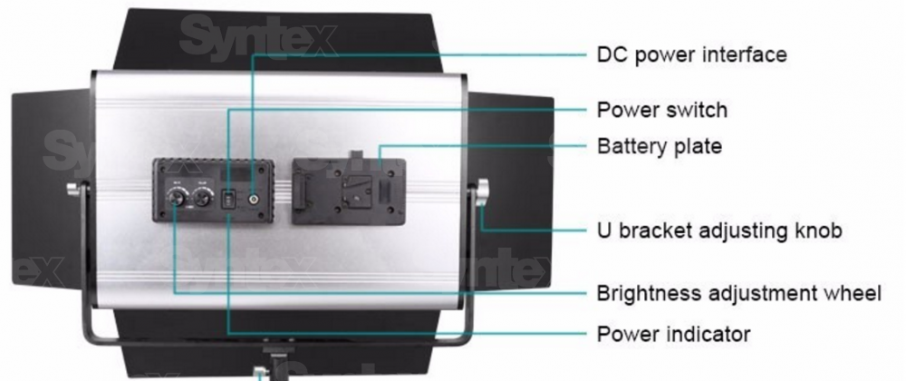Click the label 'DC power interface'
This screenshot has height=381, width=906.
coord(691,54)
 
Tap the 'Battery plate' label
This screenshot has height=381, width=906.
coord(659,146)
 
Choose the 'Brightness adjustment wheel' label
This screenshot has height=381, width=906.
coord(738,294)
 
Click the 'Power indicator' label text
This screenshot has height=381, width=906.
coord(673,335)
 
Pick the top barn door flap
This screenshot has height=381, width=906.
coord(281,41)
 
